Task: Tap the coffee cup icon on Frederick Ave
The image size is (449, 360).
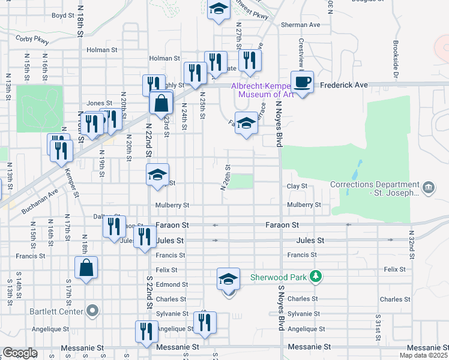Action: [x=302, y=81]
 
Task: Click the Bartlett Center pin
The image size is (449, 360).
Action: [x=92, y=311]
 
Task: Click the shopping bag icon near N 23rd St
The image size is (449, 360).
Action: [x=161, y=103]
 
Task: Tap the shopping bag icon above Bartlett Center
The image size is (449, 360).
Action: [x=86, y=268]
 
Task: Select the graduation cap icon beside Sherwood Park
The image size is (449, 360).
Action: [x=228, y=279]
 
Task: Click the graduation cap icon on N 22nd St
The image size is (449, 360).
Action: [x=157, y=175]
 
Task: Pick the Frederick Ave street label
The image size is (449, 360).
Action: [x=343, y=85]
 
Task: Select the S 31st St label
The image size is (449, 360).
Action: [x=378, y=324]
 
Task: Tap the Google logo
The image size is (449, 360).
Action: [x=20, y=353]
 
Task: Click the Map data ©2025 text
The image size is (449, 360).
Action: [x=423, y=355]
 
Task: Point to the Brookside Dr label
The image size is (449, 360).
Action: [x=396, y=59]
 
